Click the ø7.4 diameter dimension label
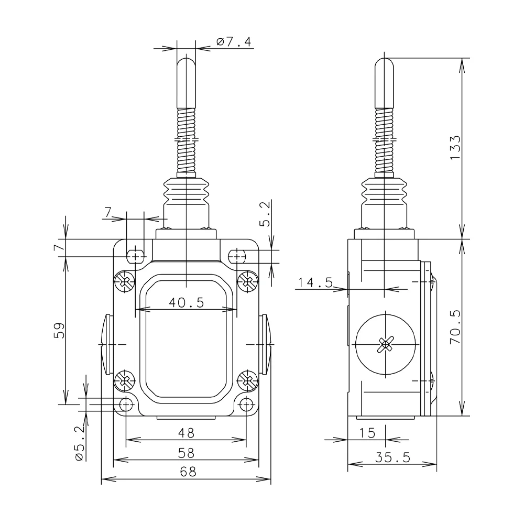(234, 42)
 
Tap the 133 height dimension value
(455, 148)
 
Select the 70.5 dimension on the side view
(455, 327)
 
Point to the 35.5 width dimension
(392, 457)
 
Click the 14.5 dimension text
(315, 282)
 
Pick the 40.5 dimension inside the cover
(186, 302)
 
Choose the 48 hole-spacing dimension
(186, 433)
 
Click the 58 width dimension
(186, 453)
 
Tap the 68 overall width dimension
(188, 472)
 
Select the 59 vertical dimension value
(59, 331)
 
